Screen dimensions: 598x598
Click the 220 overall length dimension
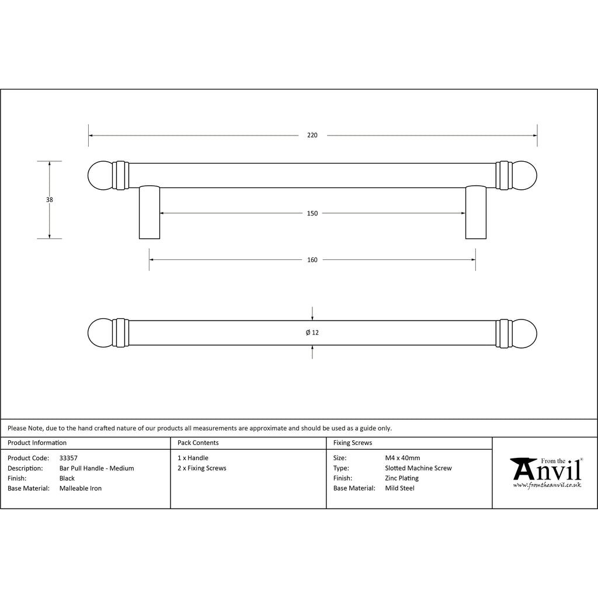312,135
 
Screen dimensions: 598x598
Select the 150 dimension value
312,213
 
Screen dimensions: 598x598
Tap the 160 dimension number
312,260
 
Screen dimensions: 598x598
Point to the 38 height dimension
49,200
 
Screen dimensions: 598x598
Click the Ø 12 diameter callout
312,332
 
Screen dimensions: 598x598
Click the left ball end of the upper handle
100,175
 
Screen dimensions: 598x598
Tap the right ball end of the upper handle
524,175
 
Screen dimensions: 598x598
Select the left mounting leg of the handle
149,213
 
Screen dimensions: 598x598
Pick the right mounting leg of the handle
475,213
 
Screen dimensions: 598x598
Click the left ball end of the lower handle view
100,333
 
